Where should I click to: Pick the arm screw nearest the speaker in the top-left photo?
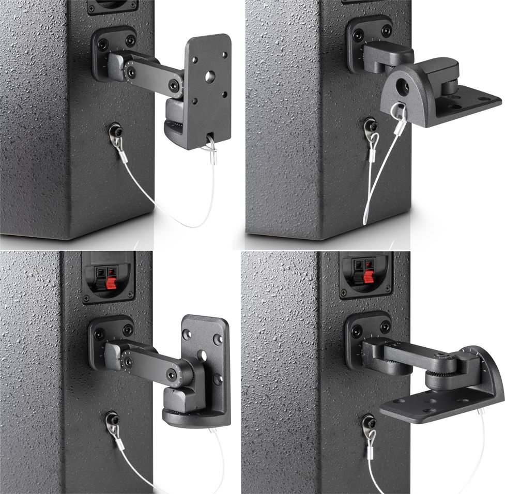click(129, 66)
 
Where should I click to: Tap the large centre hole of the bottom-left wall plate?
click(203, 356)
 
